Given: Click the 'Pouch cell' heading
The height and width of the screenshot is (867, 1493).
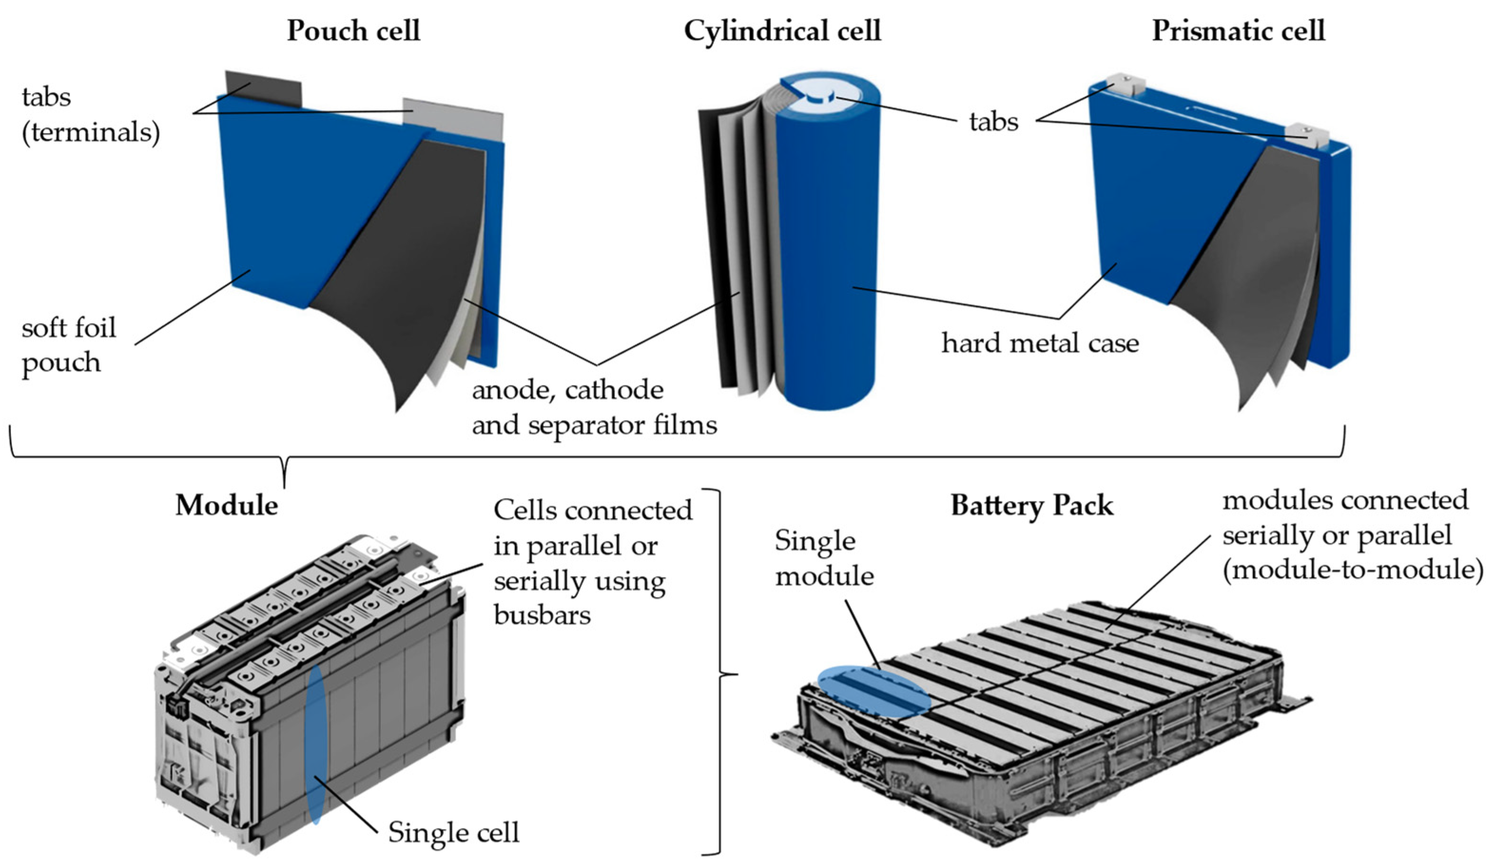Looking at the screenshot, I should pyautogui.click(x=353, y=31).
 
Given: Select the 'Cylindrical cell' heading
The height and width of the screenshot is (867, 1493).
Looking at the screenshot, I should pyautogui.click(x=782, y=31).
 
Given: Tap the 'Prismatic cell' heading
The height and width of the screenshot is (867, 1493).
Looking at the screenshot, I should pyautogui.click(x=1238, y=31).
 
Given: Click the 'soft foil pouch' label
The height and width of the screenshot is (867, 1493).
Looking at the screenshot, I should pyautogui.click(x=68, y=345).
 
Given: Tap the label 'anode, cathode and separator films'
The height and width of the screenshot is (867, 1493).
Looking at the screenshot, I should pyautogui.click(x=594, y=407).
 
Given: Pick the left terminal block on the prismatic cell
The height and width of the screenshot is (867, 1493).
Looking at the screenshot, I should pyautogui.click(x=1124, y=85).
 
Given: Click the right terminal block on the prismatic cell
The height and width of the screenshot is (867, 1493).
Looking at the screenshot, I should pyautogui.click(x=1309, y=135).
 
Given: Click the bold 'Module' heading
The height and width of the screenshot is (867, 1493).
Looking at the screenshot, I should pyautogui.click(x=227, y=506).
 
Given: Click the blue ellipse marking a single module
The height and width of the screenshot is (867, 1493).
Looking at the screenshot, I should pyautogui.click(x=873, y=692).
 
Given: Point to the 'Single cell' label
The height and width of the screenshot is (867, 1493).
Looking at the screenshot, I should pyautogui.click(x=453, y=832).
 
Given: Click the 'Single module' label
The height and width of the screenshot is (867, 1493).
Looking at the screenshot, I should pyautogui.click(x=824, y=558).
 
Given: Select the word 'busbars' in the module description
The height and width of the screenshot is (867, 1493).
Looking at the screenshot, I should pyautogui.click(x=542, y=615).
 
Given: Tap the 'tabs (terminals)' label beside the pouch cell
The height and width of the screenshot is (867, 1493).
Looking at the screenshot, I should pyautogui.click(x=90, y=114).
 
